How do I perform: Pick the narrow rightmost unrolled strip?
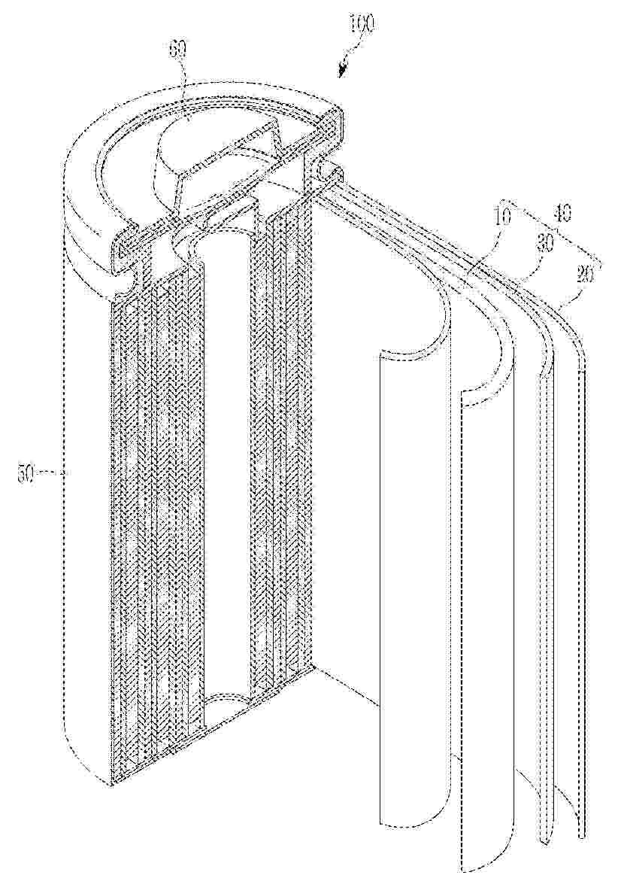pos(579,602)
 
